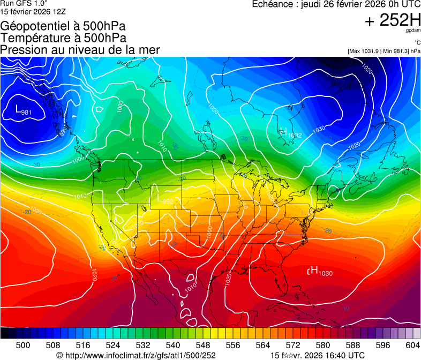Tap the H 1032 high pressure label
290,133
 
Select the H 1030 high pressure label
320,272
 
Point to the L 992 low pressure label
165,199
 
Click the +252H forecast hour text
392,21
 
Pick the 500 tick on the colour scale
23,345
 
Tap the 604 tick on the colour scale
413,345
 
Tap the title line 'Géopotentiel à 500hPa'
63,26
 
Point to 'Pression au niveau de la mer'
80,50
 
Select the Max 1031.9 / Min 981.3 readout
383,51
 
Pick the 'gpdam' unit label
412,32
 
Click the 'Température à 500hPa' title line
63,38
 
